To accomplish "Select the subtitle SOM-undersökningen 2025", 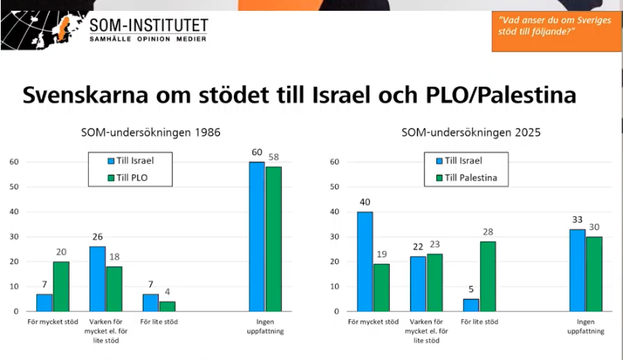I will click(470, 133).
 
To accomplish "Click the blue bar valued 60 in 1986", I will click(256, 236).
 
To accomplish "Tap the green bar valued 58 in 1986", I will click(274, 239).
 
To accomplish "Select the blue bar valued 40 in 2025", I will click(365, 261).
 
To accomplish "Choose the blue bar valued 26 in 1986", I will click(97, 278).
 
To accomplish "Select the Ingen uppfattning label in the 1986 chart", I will click(266, 326).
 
